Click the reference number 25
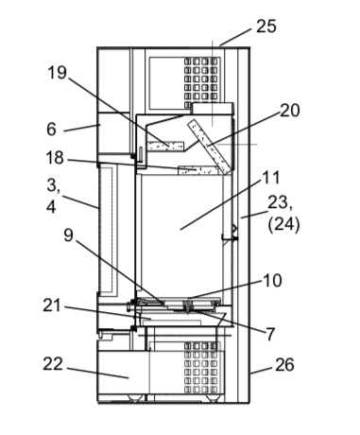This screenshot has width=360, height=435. (x=266, y=26)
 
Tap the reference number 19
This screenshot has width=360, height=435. (x=57, y=72)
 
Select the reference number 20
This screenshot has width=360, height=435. (x=290, y=111)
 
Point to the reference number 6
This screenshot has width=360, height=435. (x=51, y=130)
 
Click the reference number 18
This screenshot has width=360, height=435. (x=55, y=158)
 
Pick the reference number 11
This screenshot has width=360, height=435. (x=271, y=178)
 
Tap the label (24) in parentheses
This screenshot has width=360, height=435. (x=283, y=225)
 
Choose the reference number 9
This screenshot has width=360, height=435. (x=68, y=235)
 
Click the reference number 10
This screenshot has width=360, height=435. (x=272, y=281)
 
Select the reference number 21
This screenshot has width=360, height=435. (x=51, y=305)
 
